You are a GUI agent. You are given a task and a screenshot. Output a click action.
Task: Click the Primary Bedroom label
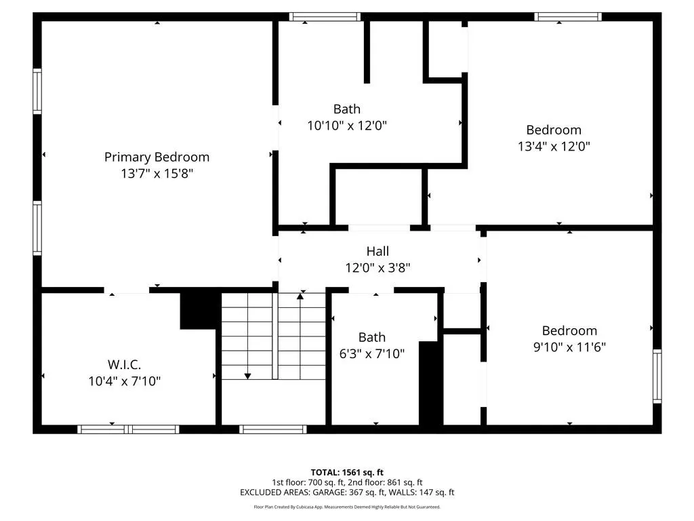tap(157, 157)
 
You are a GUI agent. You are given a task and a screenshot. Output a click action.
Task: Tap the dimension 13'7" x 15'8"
tap(157, 173)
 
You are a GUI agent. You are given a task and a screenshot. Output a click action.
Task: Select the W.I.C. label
tap(125, 364)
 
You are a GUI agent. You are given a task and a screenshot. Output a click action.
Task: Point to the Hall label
tap(377, 251)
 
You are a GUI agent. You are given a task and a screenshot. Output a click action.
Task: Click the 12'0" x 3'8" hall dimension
tap(377, 267)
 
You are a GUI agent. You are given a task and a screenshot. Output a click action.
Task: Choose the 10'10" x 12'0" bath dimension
tap(347, 126)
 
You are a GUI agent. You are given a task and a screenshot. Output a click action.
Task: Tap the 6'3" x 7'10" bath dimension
tap(372, 353)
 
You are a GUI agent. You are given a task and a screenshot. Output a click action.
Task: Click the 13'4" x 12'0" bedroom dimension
tap(554, 147)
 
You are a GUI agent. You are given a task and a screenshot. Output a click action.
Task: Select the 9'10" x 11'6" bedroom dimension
tap(569, 347)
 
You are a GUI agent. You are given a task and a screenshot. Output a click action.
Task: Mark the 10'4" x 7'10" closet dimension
tap(125, 381)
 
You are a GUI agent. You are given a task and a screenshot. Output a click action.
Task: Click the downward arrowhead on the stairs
tap(248, 376)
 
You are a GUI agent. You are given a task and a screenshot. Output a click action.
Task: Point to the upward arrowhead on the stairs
tap(300, 296)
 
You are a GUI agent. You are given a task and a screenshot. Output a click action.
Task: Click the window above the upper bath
tap(325, 17)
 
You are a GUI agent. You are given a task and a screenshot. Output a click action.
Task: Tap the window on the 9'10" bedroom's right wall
tap(657, 376)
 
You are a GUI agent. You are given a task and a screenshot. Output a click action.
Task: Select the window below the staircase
tap(273, 429)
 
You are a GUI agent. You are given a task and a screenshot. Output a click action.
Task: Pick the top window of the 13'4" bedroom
tap(568, 17)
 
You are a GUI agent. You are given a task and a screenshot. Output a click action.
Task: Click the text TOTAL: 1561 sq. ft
tap(347, 472)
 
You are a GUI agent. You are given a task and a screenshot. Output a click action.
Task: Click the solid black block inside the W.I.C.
tap(200, 310)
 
